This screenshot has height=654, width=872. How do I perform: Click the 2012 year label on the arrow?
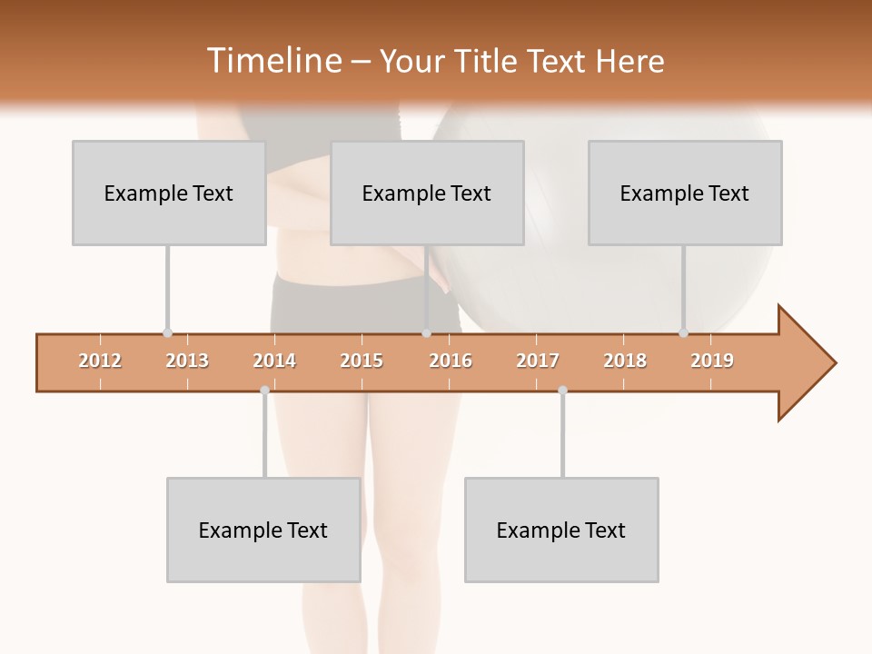click(x=100, y=361)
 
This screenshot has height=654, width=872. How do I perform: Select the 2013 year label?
click(x=187, y=361)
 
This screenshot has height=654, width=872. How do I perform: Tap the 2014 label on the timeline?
click(x=274, y=361)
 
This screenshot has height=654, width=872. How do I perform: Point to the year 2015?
click(x=362, y=361)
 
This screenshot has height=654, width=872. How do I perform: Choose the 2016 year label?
click(x=451, y=361)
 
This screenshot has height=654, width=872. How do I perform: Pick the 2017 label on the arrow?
click(x=538, y=361)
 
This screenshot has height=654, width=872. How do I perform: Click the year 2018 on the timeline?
click(x=625, y=361)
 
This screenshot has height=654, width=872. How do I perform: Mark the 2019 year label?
click(x=712, y=361)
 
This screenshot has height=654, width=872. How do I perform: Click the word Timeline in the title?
click(x=272, y=61)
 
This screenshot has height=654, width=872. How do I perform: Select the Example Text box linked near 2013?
click(x=168, y=193)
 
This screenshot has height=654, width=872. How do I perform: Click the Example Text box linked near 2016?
click(x=426, y=193)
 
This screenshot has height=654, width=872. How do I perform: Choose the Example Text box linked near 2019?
click(x=684, y=193)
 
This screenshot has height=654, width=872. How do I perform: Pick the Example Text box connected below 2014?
click(x=263, y=530)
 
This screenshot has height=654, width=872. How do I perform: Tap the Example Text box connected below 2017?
click(x=561, y=530)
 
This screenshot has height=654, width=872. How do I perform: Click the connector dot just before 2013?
click(x=167, y=333)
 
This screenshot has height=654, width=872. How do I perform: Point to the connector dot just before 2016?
click(x=426, y=333)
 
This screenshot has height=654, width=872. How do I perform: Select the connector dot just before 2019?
click(x=684, y=333)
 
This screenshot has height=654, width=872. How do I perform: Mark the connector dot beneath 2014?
click(x=264, y=390)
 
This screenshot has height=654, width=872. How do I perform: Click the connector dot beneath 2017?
click(x=562, y=390)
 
